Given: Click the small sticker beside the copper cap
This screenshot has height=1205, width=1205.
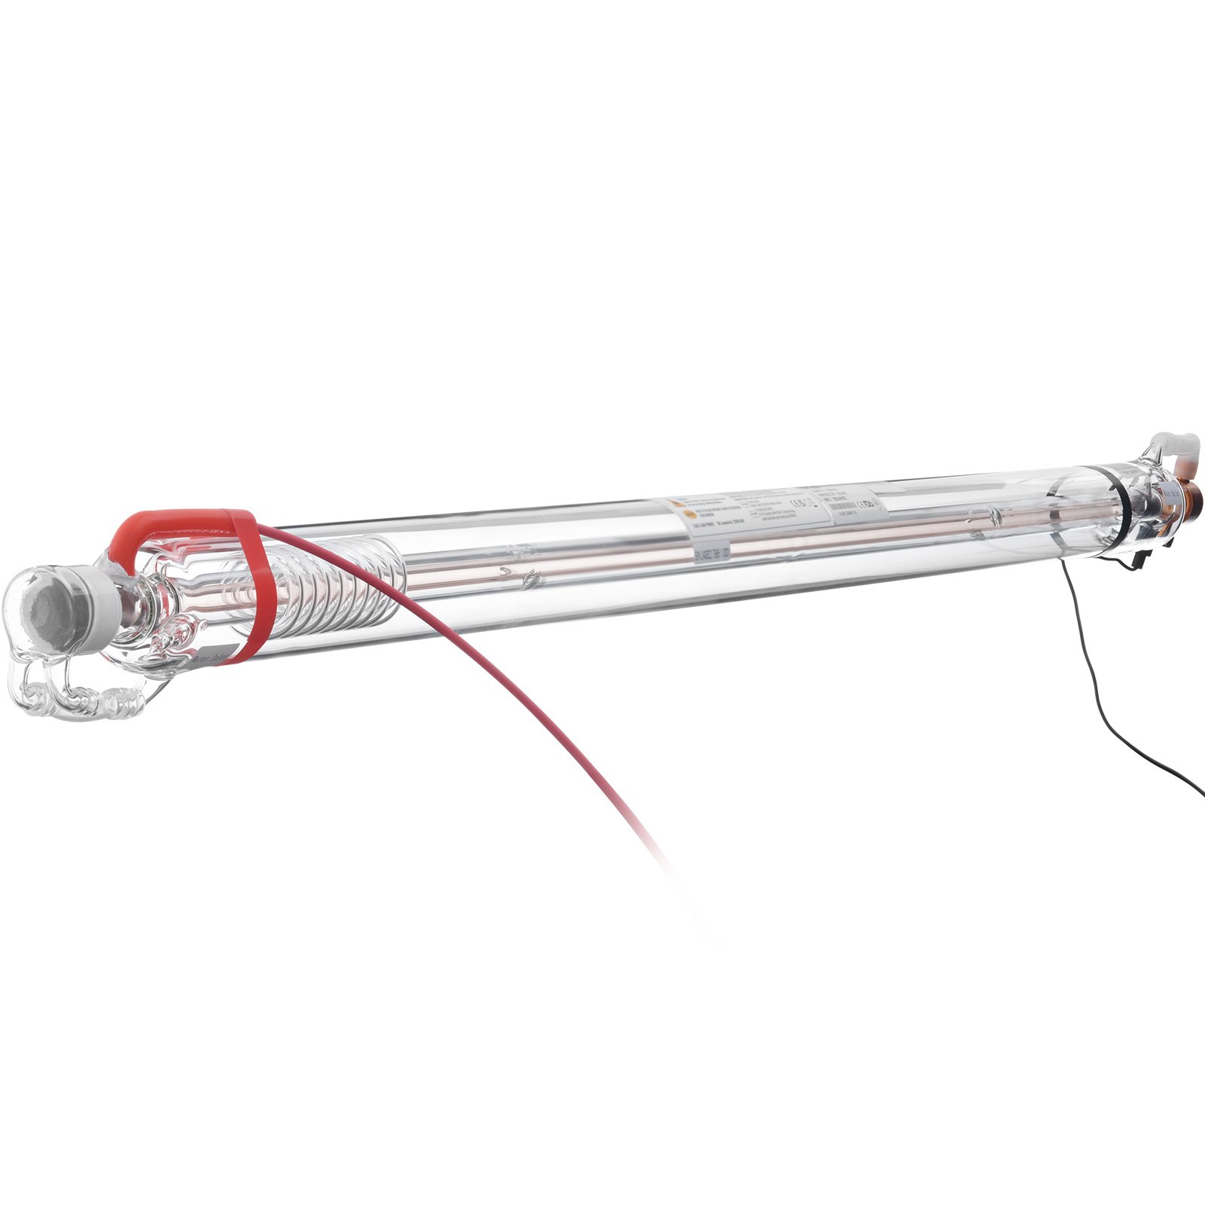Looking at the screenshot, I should coord(1164,497).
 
